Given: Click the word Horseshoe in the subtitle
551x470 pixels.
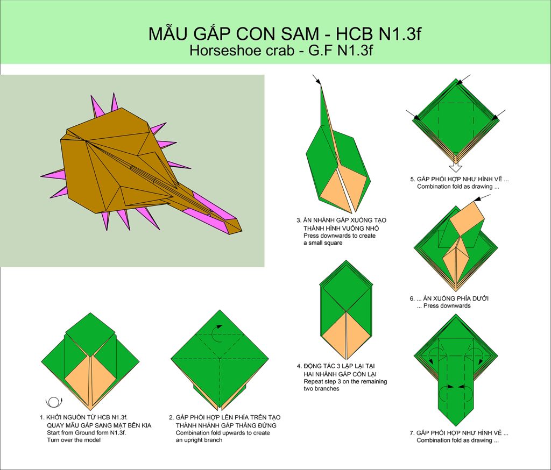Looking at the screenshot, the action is click(220, 51).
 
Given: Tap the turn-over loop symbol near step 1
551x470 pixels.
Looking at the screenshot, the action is click(54, 402).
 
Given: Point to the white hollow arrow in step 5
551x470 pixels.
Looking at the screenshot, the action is click(456, 162).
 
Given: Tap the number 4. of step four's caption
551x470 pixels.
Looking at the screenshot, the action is click(299, 366).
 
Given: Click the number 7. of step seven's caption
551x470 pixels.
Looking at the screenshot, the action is click(412, 433).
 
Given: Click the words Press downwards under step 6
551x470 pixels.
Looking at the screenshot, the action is click(447, 306).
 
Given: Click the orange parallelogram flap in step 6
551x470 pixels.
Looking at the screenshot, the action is click(467, 220).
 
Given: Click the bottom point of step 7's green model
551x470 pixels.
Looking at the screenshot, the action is click(456, 426).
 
